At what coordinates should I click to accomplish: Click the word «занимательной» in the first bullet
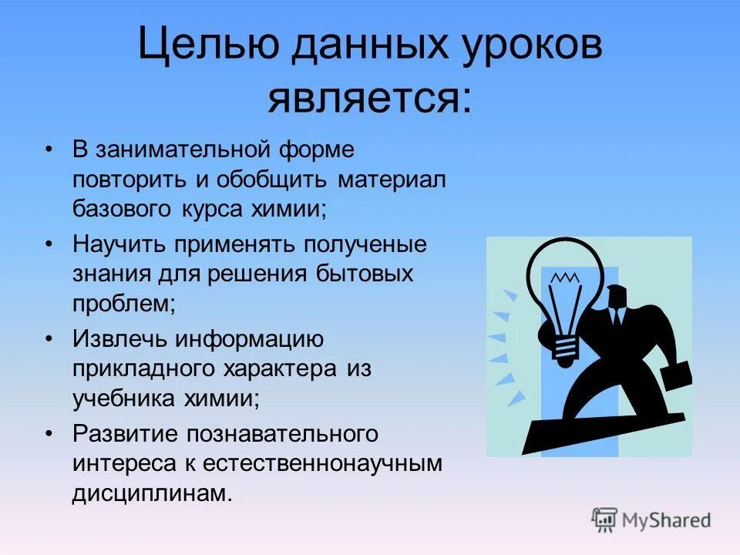[183, 149]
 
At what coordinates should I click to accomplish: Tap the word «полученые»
[366, 245]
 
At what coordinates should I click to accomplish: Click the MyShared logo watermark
[651, 520]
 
